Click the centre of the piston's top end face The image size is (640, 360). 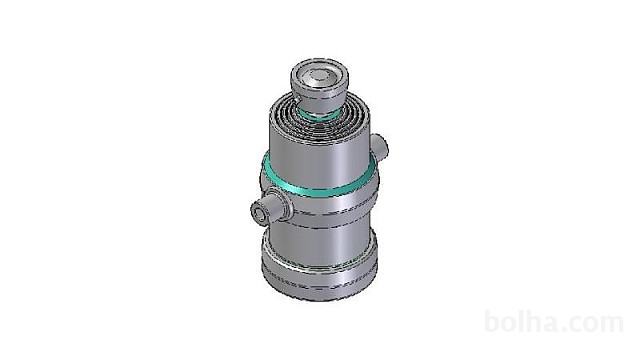click(319, 77)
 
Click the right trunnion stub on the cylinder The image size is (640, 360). click(380, 148)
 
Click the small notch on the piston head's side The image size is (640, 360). click(299, 100)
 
